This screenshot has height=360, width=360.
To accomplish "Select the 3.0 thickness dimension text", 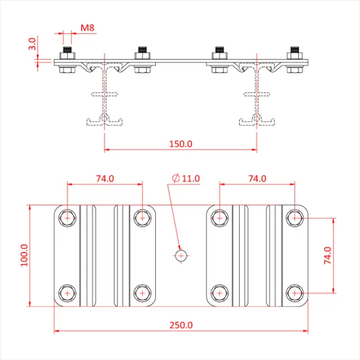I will coord(33,44).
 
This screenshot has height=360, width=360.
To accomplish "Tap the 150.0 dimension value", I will coord(181,143).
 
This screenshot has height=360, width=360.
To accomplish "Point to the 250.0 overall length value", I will coord(181,325).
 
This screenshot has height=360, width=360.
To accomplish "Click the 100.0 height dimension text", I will coord(24,255).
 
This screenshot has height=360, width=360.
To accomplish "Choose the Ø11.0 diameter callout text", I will coord(186,178).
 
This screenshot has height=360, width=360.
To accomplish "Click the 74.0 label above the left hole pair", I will coord(105,178).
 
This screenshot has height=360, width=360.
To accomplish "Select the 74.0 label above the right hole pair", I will coord(256,178).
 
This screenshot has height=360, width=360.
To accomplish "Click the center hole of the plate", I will coord(181,255).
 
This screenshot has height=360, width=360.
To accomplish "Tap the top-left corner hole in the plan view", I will coord(67,217).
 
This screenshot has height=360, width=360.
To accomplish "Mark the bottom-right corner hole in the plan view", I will coord(294,293).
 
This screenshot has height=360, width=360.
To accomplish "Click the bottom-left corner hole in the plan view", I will coord(67,293).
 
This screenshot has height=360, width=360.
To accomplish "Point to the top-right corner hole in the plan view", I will coord(294,217).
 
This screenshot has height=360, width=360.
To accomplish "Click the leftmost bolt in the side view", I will coord(67,61).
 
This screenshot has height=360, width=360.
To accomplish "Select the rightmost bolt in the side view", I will coord(294,61).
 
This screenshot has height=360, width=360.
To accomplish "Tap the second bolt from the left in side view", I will coord(142,61).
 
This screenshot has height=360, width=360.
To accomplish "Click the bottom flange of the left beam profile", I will coord(104,120).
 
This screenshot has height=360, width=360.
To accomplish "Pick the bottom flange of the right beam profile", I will coord(256,120).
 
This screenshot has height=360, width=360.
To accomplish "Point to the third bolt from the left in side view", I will coord(219,61).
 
